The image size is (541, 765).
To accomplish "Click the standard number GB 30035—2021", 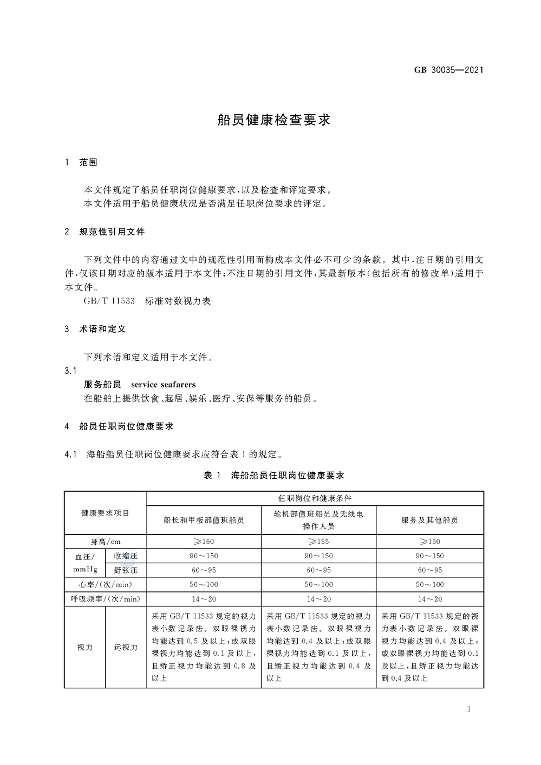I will pos(448,70).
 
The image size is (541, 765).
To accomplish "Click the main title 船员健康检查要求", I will pos(274,120).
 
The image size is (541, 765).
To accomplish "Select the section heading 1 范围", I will pos(81,162).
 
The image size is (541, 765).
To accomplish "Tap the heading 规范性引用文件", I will pos(112,232).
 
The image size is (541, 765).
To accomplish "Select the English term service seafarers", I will pos(163,385).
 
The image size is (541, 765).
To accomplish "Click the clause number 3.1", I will pos(71,371).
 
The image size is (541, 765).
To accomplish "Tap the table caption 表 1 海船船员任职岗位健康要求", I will pos(273,475).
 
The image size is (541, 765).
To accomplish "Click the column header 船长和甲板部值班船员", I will pos(204,520).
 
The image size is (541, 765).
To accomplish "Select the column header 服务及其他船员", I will pos(429,520).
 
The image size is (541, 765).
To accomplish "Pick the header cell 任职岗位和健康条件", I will pos(315,498).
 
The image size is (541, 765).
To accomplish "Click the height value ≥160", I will pos(204,542).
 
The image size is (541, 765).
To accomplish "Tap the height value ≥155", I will pos(318,542).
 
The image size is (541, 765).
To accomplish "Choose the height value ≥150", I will pos(429,542).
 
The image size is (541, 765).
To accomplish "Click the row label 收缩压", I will pos(126,556).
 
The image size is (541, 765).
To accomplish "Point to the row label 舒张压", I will pos(126,570).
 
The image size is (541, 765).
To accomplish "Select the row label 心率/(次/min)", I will pos(105,584).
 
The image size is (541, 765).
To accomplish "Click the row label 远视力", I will pos(126,647).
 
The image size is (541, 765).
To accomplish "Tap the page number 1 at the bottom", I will pos(469,709).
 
